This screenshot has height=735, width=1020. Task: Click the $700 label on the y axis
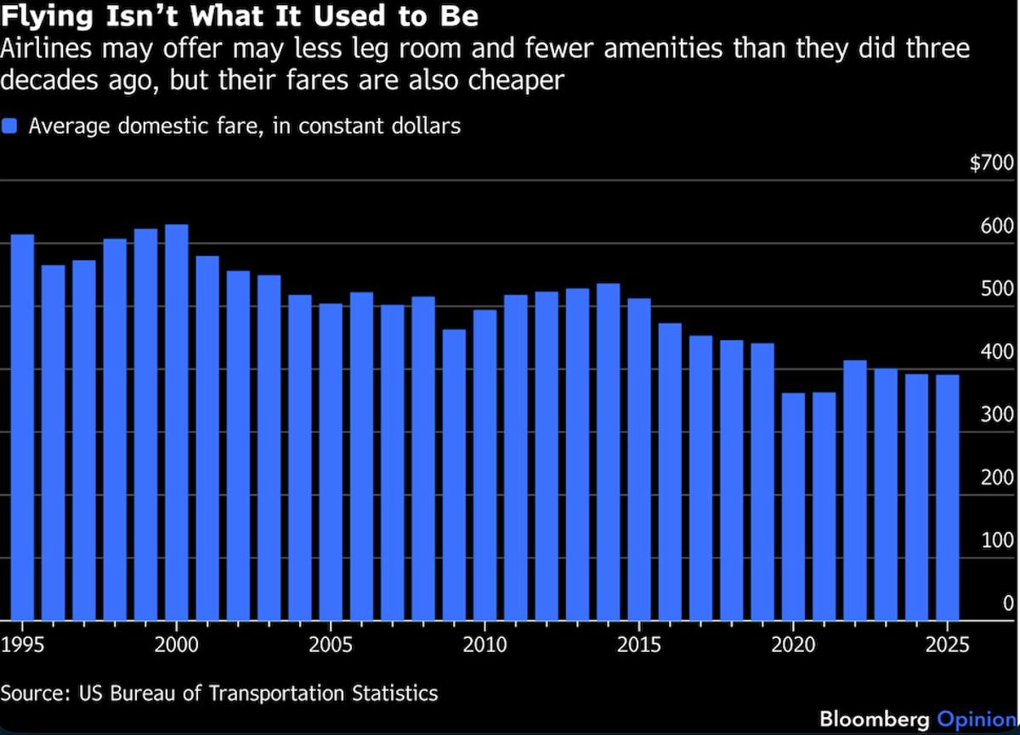click(991, 163)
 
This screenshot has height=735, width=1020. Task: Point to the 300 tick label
click(997, 415)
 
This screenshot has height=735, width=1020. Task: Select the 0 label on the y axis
click(1008, 603)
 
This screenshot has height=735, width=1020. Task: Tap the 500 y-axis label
click(997, 289)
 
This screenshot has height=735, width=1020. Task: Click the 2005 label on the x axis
click(331, 644)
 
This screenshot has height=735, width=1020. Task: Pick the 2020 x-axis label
click(794, 644)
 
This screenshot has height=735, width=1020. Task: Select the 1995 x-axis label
click(20, 644)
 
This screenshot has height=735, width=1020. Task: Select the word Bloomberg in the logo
click(875, 718)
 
